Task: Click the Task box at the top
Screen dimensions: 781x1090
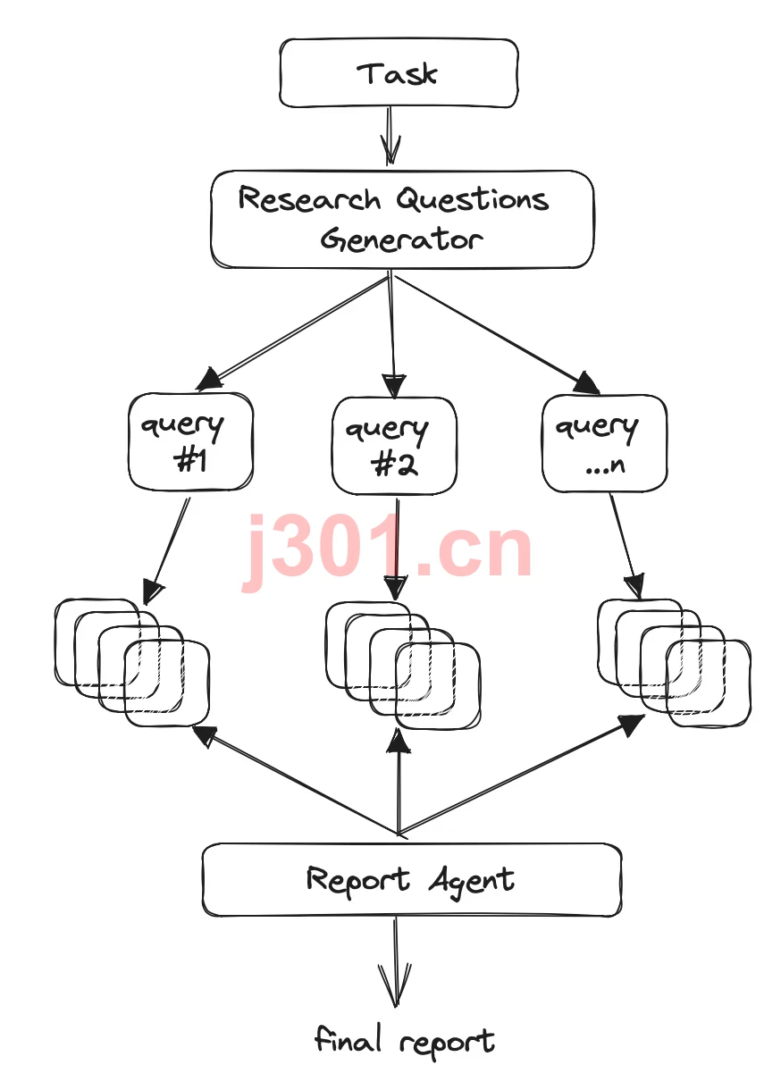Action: click(399, 73)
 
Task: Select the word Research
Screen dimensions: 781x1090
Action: click(309, 199)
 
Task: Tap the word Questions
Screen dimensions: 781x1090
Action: click(472, 199)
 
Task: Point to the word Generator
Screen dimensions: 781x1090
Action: click(401, 239)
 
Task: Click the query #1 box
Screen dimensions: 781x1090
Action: click(190, 441)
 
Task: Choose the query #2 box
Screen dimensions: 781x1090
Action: click(394, 445)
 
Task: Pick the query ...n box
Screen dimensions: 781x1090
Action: click(604, 443)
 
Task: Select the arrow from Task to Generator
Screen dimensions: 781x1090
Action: click(390, 136)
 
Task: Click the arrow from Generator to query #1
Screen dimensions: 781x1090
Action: click(292, 334)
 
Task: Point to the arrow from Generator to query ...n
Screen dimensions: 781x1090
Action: click(496, 335)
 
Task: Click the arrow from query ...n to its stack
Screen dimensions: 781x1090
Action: click(626, 547)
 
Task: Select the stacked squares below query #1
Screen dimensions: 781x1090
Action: click(132, 663)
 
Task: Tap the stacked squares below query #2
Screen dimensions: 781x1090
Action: click(403, 667)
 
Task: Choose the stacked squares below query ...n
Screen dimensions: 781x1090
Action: click(674, 663)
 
